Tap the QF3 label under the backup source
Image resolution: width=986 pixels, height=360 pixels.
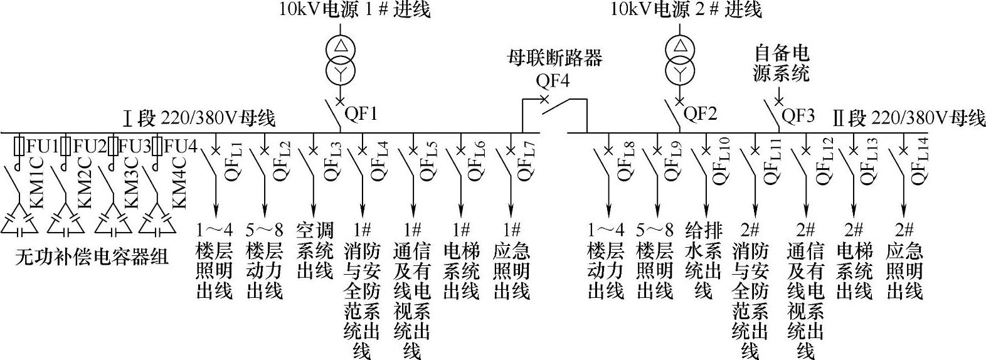click(x=797, y=115)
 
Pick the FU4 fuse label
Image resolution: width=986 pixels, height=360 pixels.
click(x=180, y=147)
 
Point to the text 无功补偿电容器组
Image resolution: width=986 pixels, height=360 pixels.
click(x=92, y=256)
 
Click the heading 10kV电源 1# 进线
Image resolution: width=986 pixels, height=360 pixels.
click(x=355, y=9)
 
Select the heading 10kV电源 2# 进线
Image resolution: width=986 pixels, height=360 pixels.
click(x=686, y=9)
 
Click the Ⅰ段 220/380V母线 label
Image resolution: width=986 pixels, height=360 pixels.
click(x=199, y=117)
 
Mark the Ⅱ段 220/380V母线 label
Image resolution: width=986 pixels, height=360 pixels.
click(x=909, y=117)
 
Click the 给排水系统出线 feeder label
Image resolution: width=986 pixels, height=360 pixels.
click(x=704, y=259)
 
